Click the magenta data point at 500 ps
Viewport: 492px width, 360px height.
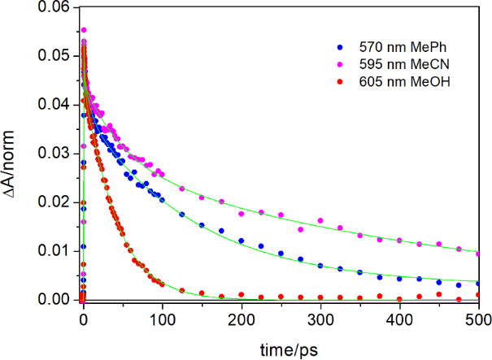point(479,254)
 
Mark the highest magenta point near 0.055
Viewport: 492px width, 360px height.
point(83,30)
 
